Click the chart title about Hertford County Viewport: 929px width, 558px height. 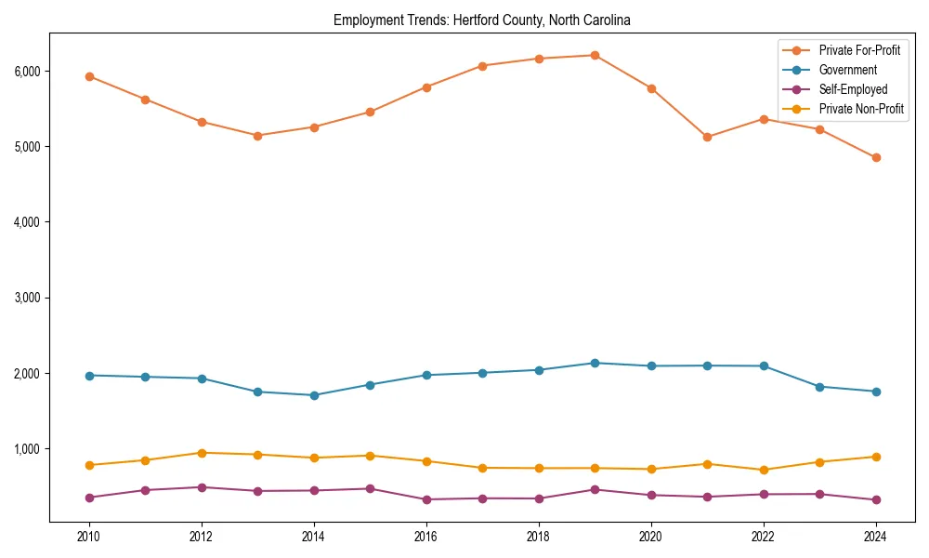(x=481, y=20)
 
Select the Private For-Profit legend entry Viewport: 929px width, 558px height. (x=859, y=50)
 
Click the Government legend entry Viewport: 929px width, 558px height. (x=847, y=70)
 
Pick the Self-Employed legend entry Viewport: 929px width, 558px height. (x=853, y=89)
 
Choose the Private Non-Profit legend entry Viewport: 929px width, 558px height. (x=861, y=109)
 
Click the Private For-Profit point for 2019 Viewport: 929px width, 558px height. (x=595, y=55)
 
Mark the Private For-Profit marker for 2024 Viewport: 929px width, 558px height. (x=875, y=157)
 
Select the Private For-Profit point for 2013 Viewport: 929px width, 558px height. (x=257, y=136)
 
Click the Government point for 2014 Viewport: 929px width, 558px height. (x=314, y=395)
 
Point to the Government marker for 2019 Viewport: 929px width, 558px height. (x=595, y=363)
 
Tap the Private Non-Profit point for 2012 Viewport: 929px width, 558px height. (x=202, y=453)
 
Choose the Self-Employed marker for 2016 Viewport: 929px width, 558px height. (x=426, y=499)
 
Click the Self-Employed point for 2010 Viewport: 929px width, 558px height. (x=89, y=498)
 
